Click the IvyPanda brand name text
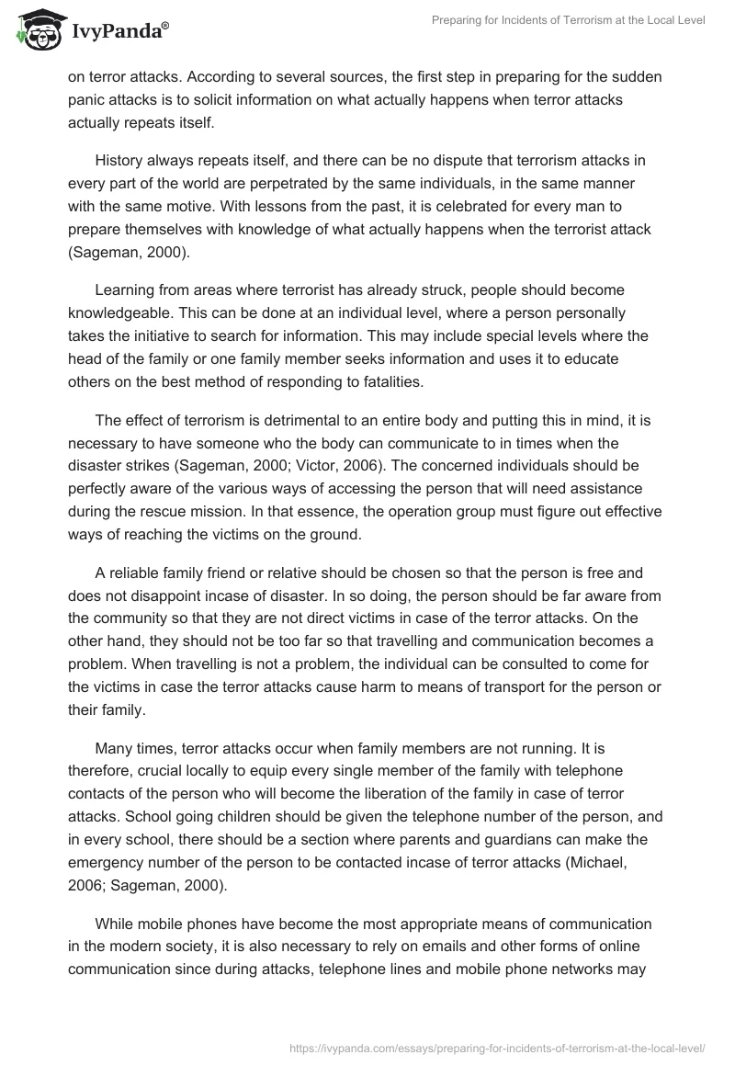coord(119,30)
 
